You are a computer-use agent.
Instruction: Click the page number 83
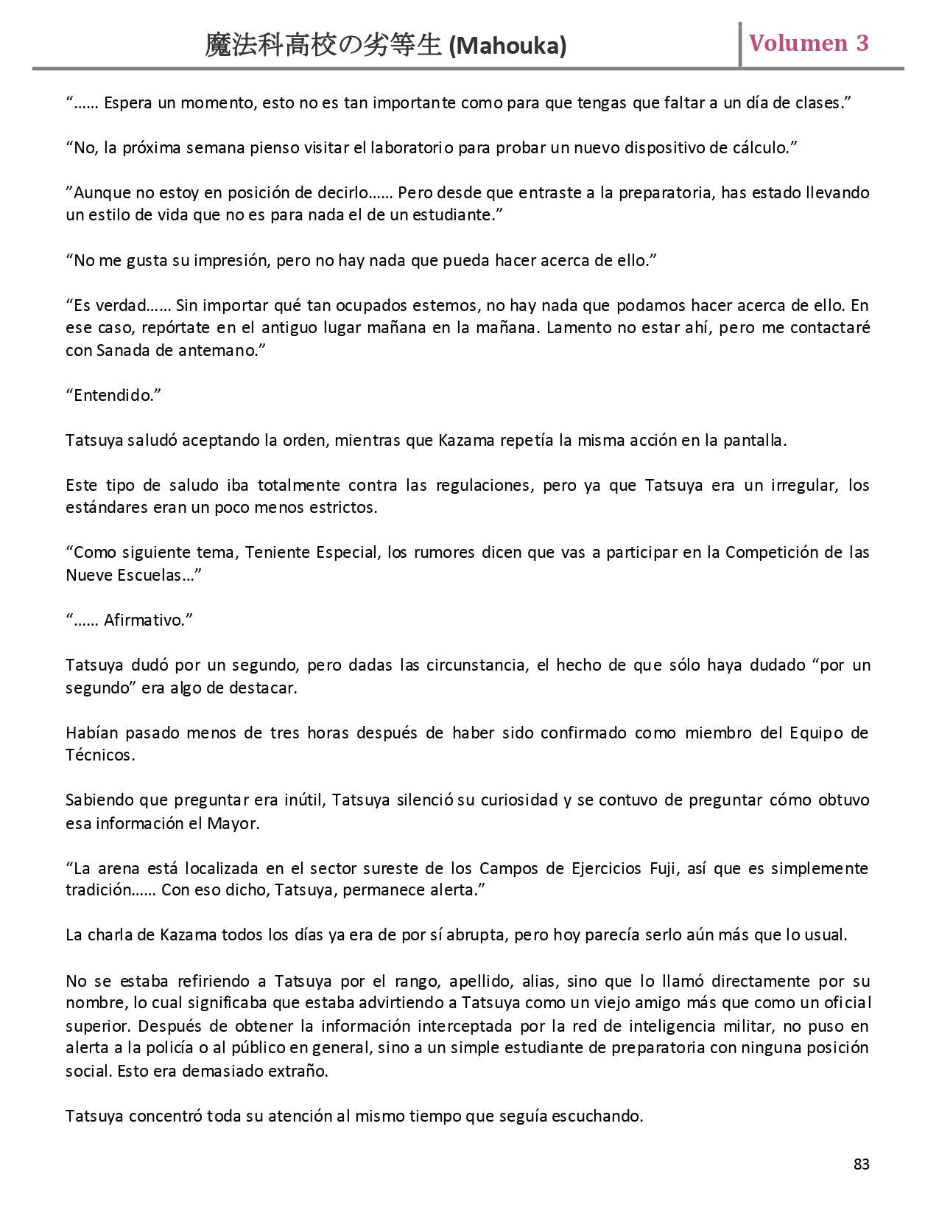click(861, 1164)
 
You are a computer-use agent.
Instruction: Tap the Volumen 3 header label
click(809, 43)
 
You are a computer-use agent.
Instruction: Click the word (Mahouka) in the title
click(507, 46)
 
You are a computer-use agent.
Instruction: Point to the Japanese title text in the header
click(324, 46)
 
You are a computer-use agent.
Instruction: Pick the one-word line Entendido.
click(113, 395)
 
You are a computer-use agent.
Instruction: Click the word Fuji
click(664, 867)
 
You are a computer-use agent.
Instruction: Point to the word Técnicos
click(100, 755)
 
